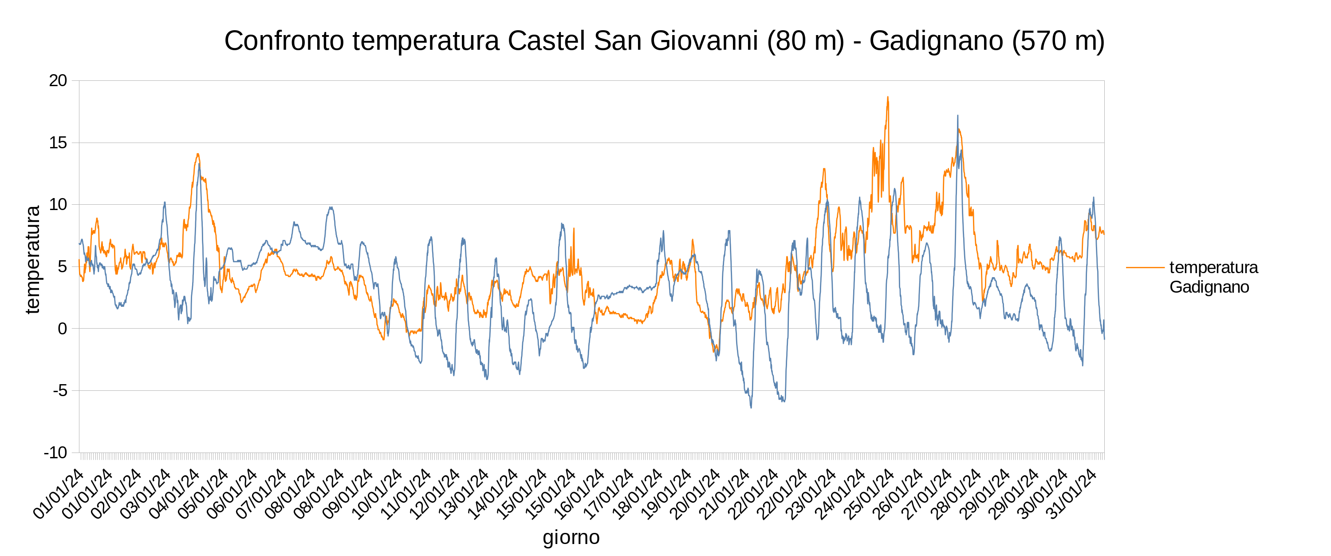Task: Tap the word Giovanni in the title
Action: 704,41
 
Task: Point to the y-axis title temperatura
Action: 32,260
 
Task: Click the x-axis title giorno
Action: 571,537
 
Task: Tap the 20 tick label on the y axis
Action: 58,81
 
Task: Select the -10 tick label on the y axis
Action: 55,453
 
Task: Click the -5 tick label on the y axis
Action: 60,391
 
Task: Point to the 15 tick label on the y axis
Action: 58,143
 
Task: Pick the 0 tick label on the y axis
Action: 63,329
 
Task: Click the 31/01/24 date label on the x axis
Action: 1074,494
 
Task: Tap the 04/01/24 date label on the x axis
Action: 174,494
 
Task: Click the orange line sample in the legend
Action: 1145,267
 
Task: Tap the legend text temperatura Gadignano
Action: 1213,277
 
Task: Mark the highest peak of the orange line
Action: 888,97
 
